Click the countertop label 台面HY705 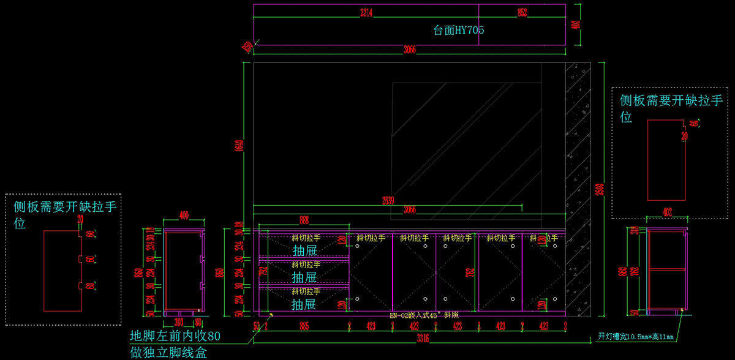click(459, 30)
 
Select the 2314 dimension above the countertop click(366, 12)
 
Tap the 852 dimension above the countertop click(521, 12)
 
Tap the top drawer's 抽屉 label click(304, 250)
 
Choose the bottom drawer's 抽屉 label click(304, 304)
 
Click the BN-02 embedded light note click(424, 315)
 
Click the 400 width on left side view click(184, 215)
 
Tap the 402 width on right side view click(667, 212)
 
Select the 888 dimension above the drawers click(304, 219)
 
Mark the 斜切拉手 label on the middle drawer click(306, 264)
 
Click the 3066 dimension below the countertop click(410, 50)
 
